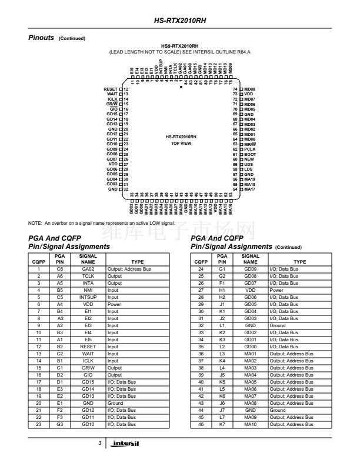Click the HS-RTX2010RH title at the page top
(x=180, y=20)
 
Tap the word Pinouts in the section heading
(x=41, y=38)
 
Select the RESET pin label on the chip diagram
(x=111, y=88)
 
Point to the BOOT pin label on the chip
(x=249, y=154)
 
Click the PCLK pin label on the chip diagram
(x=249, y=149)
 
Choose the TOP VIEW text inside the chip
(x=180, y=143)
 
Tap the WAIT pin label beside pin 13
(x=112, y=94)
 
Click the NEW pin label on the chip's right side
(x=249, y=159)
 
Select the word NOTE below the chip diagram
(x=35, y=224)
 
